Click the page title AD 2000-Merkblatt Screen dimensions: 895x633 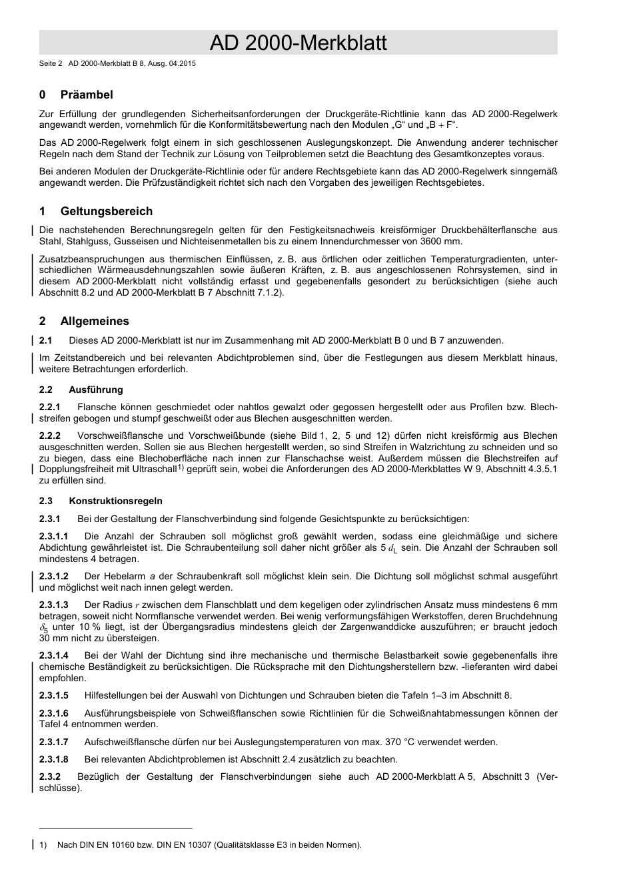tap(298, 43)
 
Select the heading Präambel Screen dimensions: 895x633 tap(87, 95)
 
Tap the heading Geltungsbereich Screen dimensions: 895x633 tap(106, 211)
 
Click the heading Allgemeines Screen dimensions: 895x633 tap(95, 321)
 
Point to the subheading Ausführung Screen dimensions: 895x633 tap(95, 390)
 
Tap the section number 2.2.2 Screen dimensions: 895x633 tap(50, 436)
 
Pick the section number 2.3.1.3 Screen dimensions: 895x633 tap(54, 605)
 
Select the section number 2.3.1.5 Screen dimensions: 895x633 tap(54, 695)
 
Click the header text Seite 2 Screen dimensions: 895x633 tap(51, 64)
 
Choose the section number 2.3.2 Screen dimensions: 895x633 tap(50, 776)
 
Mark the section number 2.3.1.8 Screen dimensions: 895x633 tap(54, 759)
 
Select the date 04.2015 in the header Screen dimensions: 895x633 tap(180, 64)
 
